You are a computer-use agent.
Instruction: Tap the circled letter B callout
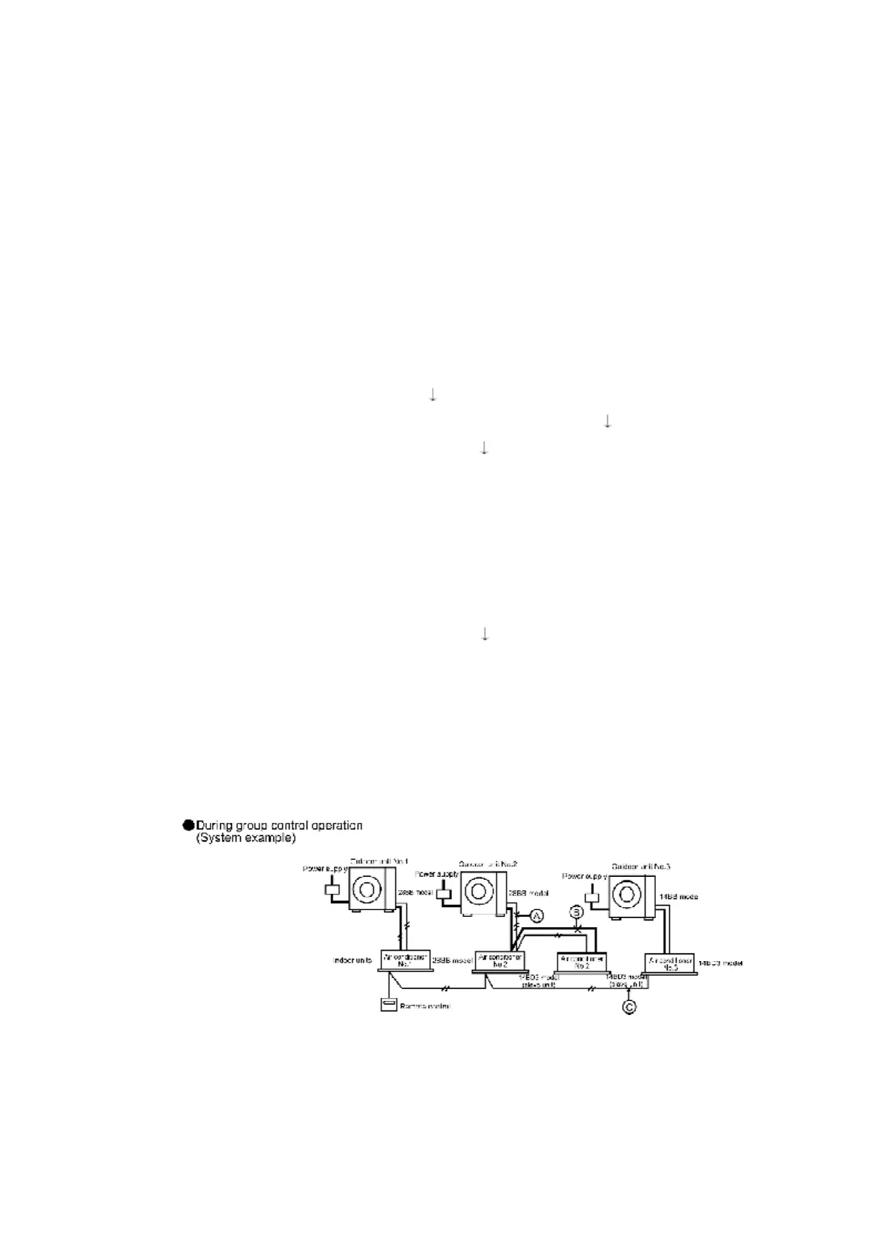point(577,912)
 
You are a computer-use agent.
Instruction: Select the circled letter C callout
point(629,1005)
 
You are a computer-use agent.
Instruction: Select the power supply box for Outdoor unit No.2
point(445,895)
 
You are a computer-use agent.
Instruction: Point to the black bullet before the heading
point(188,825)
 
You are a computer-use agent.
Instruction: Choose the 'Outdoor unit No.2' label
point(488,864)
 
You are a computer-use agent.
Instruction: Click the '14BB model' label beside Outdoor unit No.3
point(679,896)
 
